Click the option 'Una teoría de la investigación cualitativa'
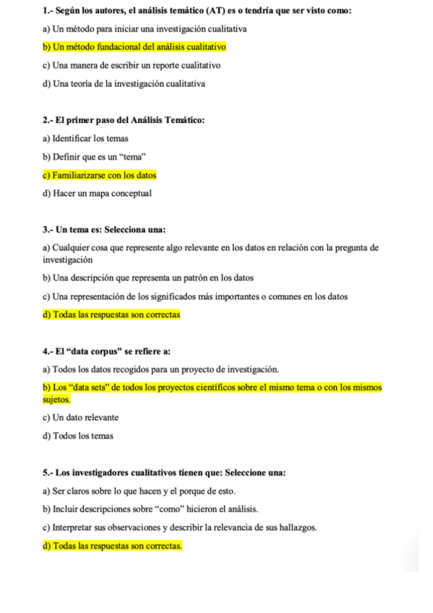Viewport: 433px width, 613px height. pos(124,84)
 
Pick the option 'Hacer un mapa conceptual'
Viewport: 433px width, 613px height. pos(97,193)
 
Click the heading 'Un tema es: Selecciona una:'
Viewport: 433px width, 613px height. pos(105,230)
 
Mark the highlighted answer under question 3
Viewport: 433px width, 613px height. pos(111,314)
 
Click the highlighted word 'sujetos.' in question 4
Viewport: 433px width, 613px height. pos(57,398)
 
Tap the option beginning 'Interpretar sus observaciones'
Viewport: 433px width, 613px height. pos(180,528)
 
